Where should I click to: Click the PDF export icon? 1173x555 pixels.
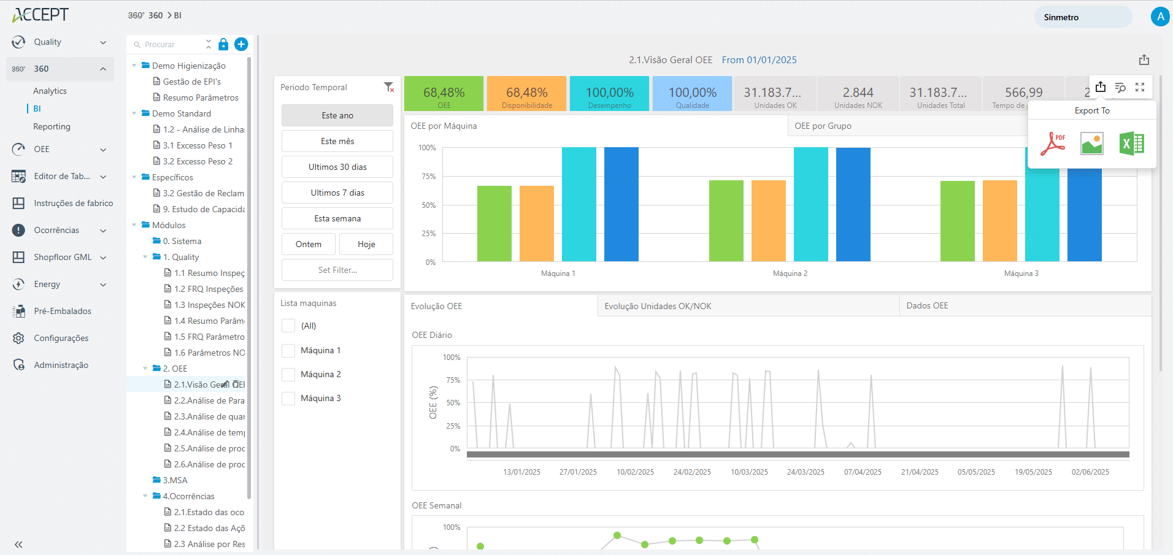1053,144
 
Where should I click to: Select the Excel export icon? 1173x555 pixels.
1131,144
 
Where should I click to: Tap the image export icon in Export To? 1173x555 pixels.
1092,144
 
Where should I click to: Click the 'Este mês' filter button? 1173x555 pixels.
337,141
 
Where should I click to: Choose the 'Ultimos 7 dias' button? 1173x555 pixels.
337,193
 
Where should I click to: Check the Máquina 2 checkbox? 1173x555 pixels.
288,375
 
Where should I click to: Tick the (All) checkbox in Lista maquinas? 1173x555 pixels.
288,326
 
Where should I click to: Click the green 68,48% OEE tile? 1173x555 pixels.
444,94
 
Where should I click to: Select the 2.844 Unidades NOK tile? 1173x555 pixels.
858,94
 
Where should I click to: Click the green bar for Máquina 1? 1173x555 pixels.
494,224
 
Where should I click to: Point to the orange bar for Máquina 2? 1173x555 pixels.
768,221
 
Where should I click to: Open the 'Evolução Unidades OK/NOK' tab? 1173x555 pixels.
658,306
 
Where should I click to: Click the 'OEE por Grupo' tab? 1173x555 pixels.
823,126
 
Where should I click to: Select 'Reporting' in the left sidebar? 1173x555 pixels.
52,126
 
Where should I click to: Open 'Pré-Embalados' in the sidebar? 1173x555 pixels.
62,311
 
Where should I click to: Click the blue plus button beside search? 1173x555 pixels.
241,44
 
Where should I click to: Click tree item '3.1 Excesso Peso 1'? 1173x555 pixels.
198,145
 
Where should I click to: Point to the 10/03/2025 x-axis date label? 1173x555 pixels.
749,472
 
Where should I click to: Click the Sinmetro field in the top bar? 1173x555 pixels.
1082,17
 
